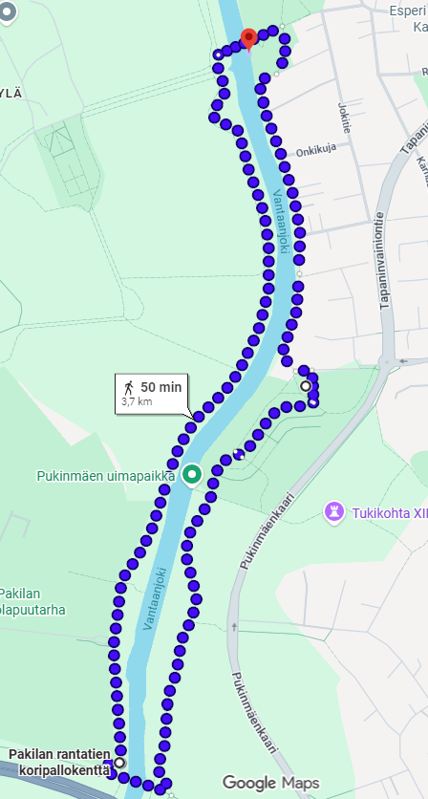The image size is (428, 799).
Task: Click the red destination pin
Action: click(x=248, y=38)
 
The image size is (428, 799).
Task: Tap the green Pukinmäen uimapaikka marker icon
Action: click(x=192, y=473)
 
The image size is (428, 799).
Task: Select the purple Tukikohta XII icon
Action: click(x=334, y=511)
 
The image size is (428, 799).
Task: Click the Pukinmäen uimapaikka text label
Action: click(x=105, y=475)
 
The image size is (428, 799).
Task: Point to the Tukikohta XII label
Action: click(x=388, y=512)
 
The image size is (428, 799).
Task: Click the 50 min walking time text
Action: click(x=160, y=387)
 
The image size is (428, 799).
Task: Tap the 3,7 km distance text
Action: click(x=137, y=402)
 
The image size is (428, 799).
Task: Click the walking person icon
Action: click(x=128, y=387)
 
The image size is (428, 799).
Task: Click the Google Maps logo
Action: click(x=270, y=784)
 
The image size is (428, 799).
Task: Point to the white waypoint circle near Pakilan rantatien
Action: click(x=119, y=763)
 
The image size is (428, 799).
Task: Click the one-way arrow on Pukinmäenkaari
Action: click(x=233, y=628)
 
